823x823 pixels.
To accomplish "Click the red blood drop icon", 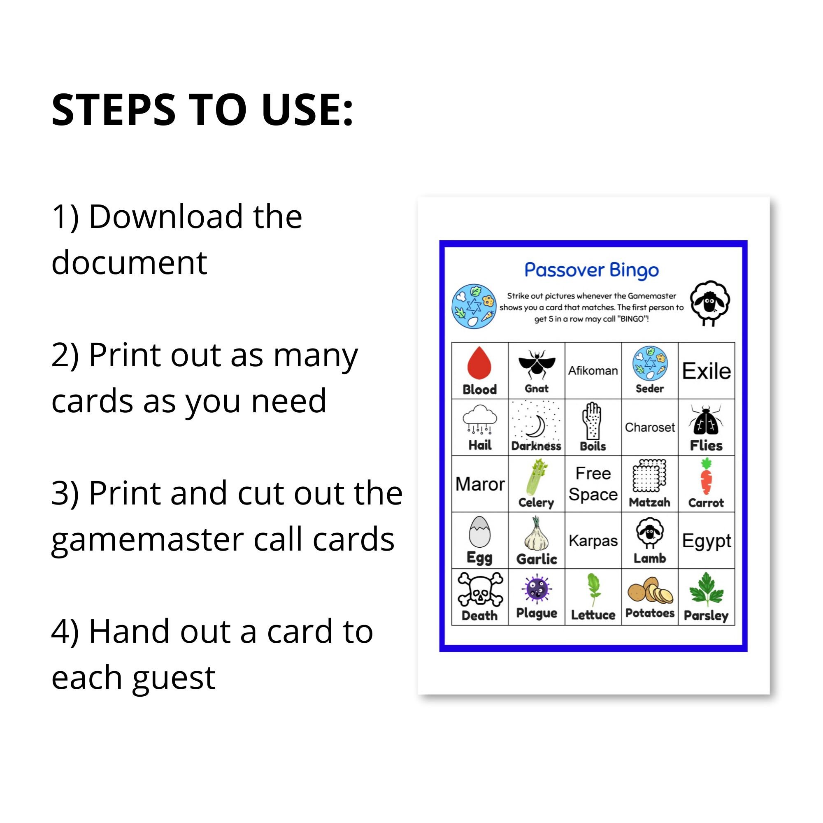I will (x=479, y=363).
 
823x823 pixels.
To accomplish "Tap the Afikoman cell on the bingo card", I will (x=593, y=371).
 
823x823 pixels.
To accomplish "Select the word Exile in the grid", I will (x=706, y=371).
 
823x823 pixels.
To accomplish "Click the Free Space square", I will (x=593, y=484).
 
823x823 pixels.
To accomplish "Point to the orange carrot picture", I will (x=706, y=477).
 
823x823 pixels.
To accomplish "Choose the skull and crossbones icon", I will (x=480, y=590).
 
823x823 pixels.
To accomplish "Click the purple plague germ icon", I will (x=536, y=589).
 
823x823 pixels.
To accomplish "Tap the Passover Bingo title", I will (x=592, y=270).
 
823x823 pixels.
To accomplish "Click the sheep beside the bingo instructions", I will (x=710, y=302).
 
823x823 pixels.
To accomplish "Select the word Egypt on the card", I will (x=706, y=541).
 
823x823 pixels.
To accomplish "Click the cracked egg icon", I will (x=479, y=532).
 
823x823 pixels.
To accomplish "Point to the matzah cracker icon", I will (x=649, y=476).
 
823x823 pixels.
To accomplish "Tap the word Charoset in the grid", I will (x=650, y=427).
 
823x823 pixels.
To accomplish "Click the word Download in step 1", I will (x=166, y=217).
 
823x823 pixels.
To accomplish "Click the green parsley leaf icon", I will (x=706, y=589).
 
